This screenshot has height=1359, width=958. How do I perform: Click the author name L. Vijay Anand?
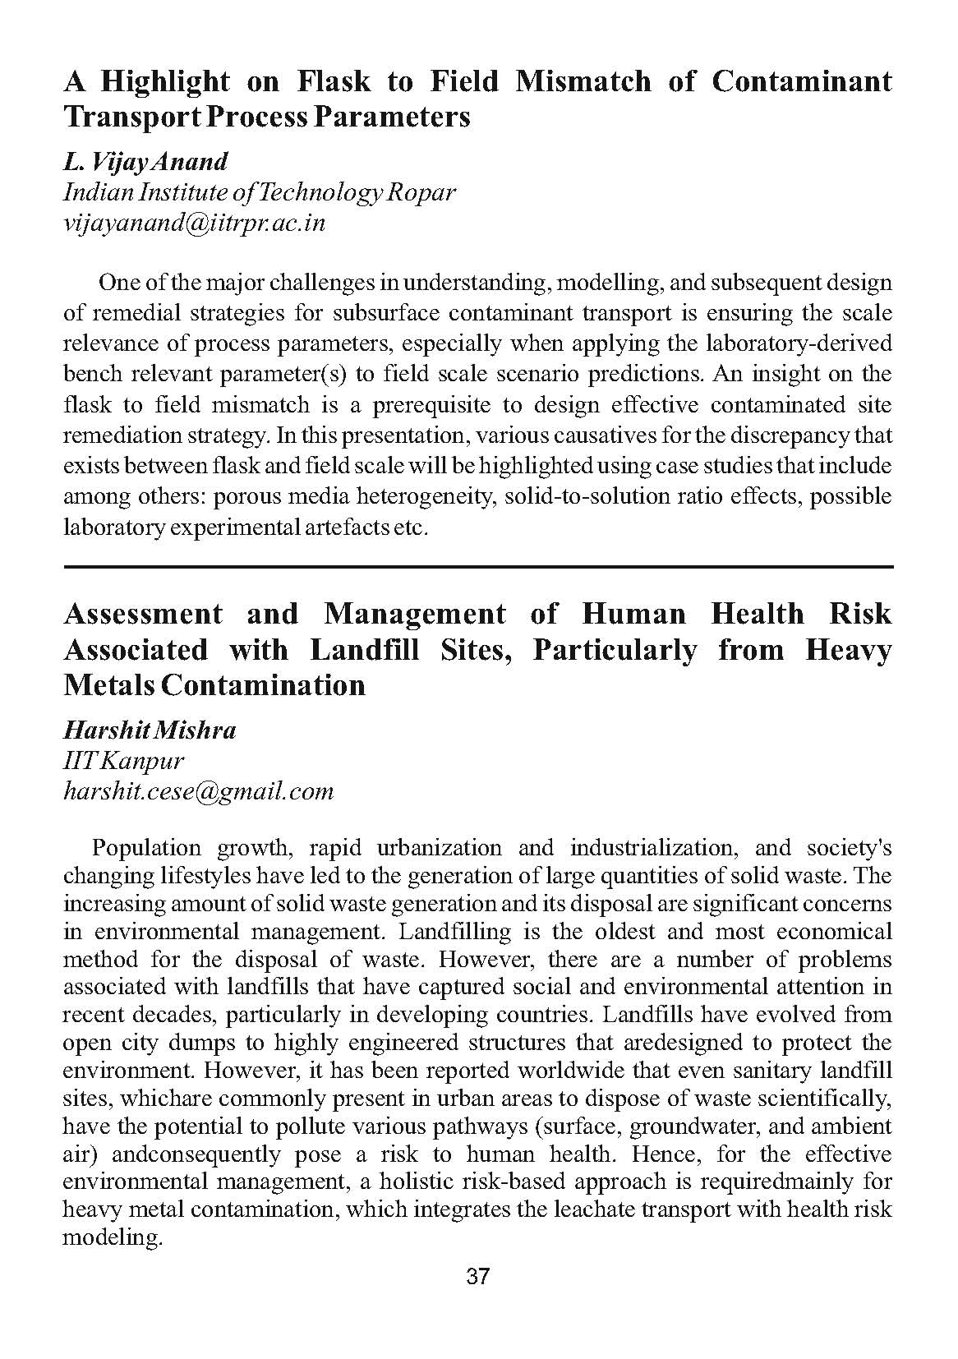(145, 161)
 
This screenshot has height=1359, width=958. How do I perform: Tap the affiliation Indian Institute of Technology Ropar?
(260, 192)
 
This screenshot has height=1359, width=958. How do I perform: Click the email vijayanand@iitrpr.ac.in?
(195, 223)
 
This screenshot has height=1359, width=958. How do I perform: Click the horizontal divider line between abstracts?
(478, 567)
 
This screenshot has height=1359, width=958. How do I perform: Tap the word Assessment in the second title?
(143, 614)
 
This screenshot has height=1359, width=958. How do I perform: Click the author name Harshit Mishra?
(150, 730)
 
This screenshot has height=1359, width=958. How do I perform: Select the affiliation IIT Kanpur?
(123, 760)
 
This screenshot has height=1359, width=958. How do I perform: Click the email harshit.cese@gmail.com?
(199, 791)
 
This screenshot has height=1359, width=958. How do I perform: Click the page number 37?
(478, 1276)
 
